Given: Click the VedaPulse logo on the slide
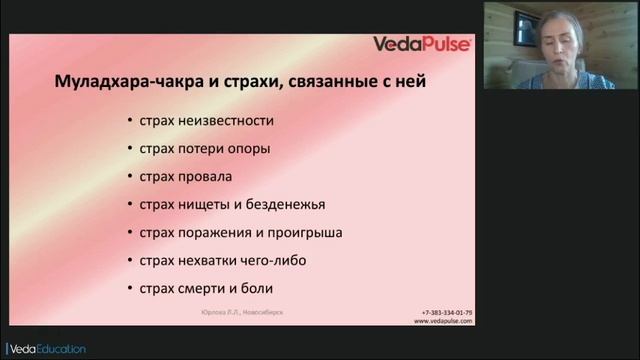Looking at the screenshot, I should click(x=422, y=44).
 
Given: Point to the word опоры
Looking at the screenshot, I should click(x=249, y=149).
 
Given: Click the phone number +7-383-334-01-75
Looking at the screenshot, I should click(x=447, y=312).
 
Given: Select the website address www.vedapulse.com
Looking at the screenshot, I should click(x=443, y=321).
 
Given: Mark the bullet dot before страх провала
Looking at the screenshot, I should click(x=130, y=177).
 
